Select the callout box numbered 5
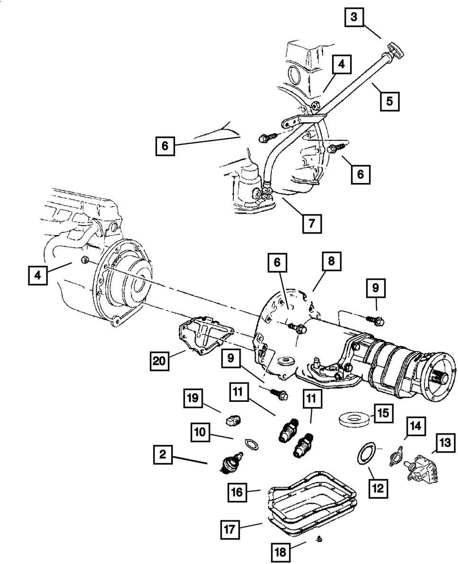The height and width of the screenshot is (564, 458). (389, 100)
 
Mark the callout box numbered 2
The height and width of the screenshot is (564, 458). (163, 455)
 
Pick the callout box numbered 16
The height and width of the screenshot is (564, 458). (237, 492)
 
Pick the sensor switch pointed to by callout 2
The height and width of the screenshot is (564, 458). (231, 462)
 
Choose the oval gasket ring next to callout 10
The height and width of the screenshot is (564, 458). (251, 444)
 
